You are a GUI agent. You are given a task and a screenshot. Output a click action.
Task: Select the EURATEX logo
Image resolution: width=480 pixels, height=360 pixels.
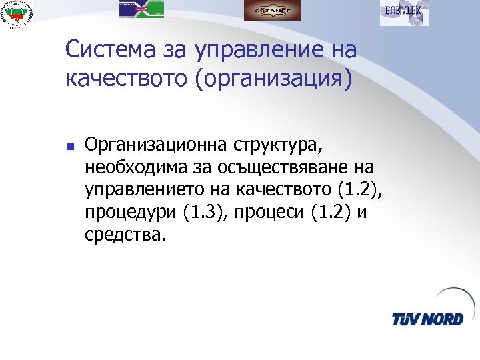point(404,13)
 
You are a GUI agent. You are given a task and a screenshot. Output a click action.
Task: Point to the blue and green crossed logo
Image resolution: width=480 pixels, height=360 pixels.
point(141,9)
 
